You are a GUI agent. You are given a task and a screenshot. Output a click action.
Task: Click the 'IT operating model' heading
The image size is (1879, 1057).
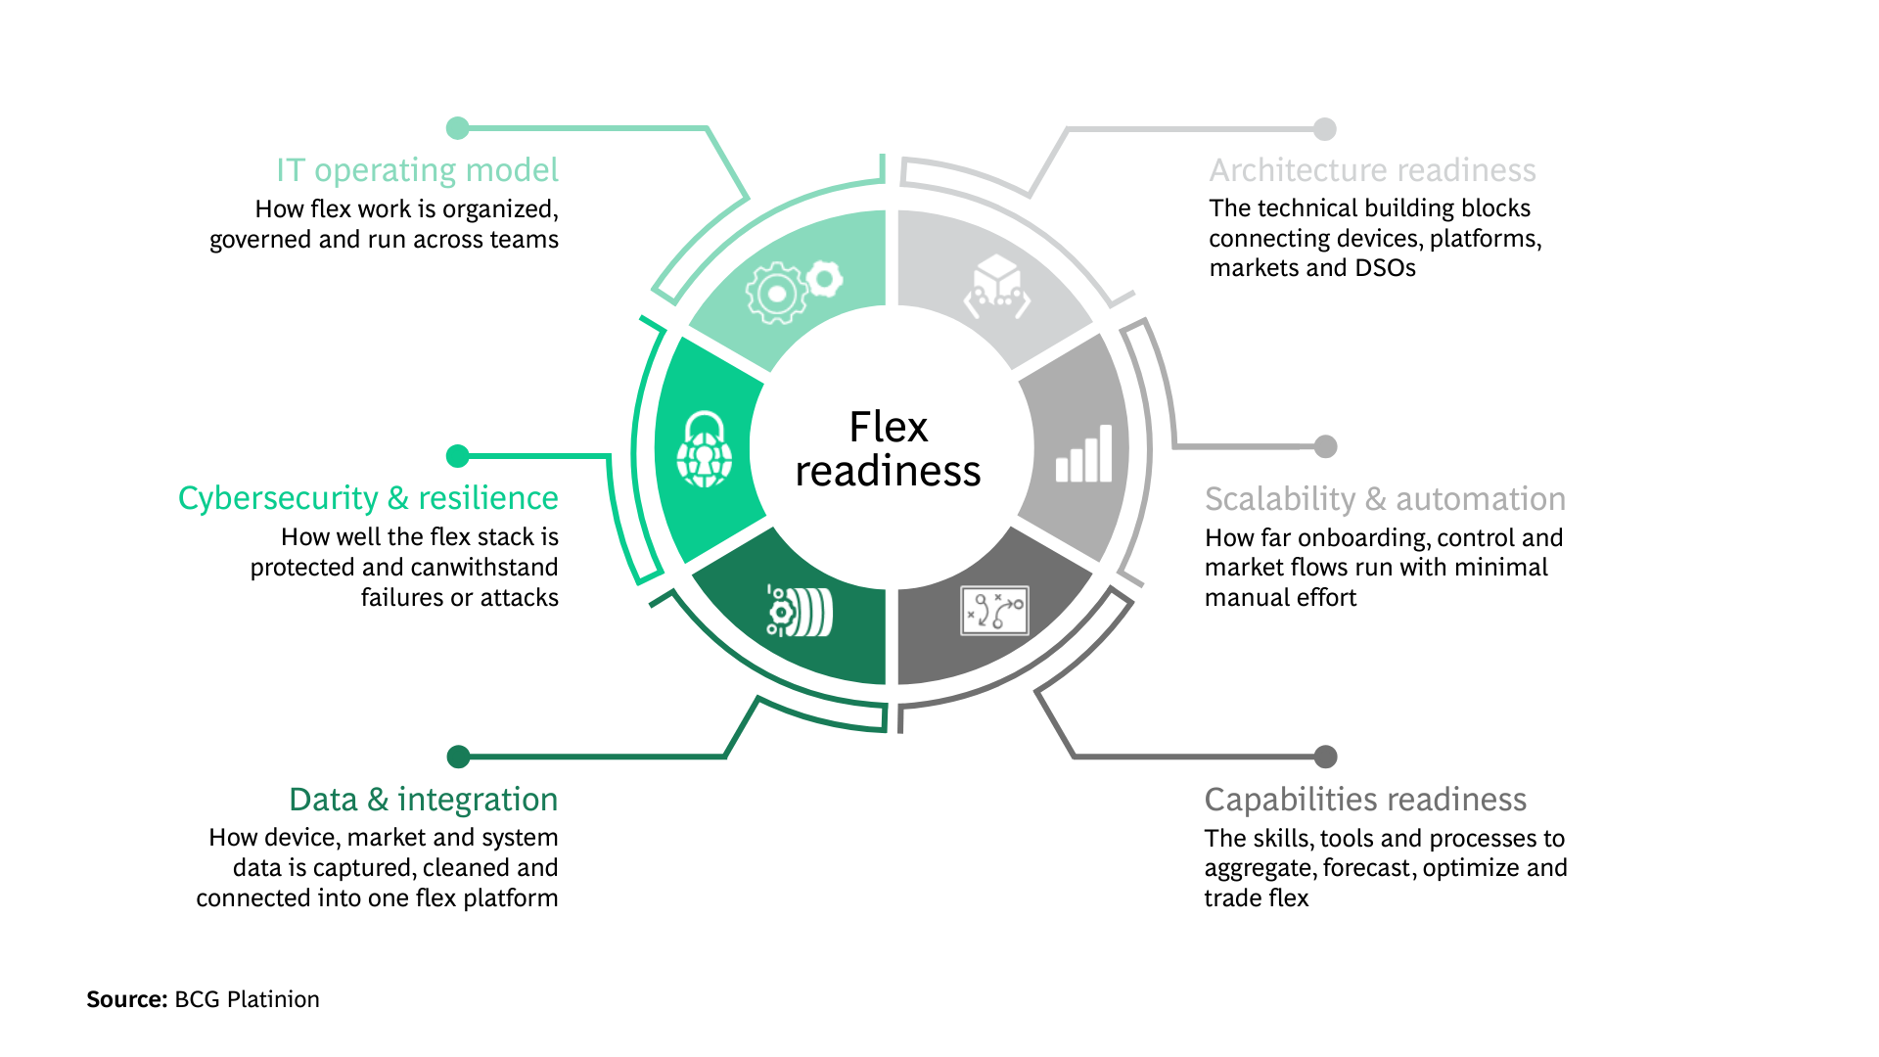[417, 170]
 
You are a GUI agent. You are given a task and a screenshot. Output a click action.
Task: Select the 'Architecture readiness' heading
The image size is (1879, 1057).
[1372, 170]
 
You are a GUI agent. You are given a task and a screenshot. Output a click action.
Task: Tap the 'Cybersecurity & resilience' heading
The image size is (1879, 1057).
[368, 498]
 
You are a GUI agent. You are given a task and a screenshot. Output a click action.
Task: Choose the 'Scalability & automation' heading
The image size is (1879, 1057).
[1385, 499]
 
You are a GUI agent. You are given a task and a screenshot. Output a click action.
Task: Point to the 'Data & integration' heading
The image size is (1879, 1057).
[423, 800]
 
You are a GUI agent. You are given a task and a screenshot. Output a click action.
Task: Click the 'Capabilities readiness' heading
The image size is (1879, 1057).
[1365, 800]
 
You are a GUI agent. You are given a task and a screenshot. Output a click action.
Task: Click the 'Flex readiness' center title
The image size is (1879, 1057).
[888, 449]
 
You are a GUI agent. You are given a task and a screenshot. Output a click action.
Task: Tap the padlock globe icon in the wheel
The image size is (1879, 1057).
[705, 450]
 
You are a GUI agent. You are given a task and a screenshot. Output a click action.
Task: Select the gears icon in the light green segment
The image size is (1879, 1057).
[793, 289]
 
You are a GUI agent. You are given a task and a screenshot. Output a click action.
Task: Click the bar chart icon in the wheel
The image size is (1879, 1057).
[1084, 455]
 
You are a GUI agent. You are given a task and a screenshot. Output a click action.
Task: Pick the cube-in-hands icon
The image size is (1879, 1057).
[997, 287]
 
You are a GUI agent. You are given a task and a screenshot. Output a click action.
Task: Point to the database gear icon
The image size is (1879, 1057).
[800, 612]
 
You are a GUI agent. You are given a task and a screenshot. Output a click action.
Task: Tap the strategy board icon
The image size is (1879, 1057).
[994, 611]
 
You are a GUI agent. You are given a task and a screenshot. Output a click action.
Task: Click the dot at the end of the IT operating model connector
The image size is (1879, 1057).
[457, 128]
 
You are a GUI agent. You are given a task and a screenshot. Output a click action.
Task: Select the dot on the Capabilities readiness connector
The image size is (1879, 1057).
[1325, 757]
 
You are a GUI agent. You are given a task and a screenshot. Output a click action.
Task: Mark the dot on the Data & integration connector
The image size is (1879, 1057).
[458, 757]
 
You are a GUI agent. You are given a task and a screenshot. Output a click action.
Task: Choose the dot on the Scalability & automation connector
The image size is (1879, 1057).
[1325, 446]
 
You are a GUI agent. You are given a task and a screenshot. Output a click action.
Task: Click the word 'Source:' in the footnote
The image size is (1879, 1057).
[127, 999]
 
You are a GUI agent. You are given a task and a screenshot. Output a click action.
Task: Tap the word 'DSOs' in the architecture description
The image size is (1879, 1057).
[1385, 268]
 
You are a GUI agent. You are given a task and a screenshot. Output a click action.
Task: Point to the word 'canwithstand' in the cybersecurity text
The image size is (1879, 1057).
[489, 568]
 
